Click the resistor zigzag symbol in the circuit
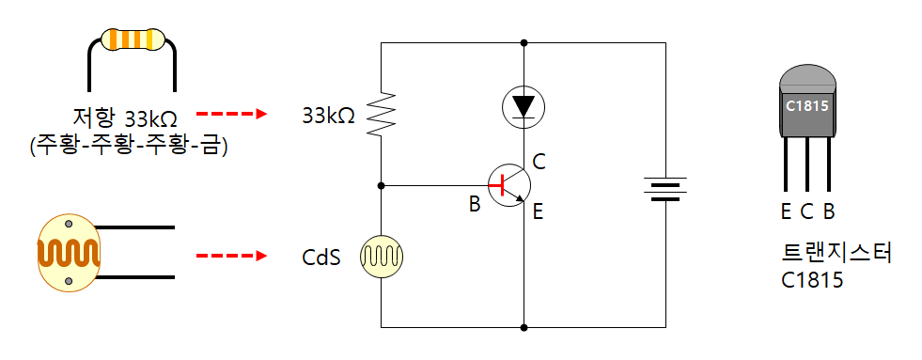(381, 114)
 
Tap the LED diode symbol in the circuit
(524, 106)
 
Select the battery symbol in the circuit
(665, 188)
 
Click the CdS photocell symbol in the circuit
(381, 257)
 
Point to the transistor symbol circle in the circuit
(509, 185)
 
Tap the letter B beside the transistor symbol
(475, 204)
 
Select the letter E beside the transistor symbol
(538, 211)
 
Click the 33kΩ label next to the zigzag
(328, 116)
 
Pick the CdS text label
(321, 258)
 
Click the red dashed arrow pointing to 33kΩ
(231, 114)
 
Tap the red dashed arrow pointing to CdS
(231, 256)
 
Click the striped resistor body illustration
(132, 39)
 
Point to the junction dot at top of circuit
(524, 43)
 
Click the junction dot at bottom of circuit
(524, 327)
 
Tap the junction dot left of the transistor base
(381, 185)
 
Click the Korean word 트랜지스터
(836, 253)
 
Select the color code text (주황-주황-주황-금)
(128, 145)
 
